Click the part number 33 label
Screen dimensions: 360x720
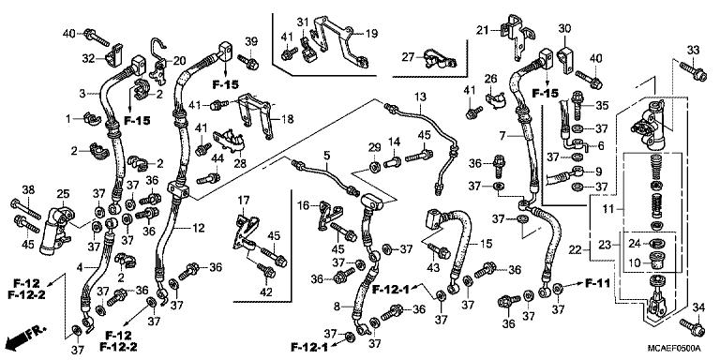click(693, 50)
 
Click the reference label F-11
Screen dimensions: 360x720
click(597, 282)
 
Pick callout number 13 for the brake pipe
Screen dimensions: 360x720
click(419, 97)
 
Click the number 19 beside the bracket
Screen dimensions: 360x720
click(370, 32)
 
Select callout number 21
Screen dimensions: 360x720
click(483, 31)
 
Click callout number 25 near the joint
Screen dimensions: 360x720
click(63, 194)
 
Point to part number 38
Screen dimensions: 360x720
click(27, 190)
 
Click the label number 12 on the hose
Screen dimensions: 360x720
click(199, 229)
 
